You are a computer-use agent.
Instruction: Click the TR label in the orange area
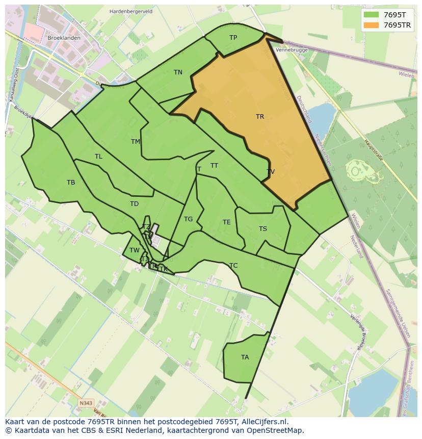(260, 117)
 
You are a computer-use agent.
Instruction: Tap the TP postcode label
(233, 38)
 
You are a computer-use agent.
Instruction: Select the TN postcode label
(178, 72)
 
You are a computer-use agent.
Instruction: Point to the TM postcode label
(136, 142)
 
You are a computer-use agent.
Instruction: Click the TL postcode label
(98, 157)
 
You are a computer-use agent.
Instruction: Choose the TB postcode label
(71, 183)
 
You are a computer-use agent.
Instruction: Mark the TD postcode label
(134, 204)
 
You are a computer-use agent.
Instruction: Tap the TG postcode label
(188, 219)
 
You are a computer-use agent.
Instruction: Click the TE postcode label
(226, 222)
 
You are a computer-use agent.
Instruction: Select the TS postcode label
(262, 229)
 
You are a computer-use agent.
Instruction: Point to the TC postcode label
(233, 266)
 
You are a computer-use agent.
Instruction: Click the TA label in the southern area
(245, 357)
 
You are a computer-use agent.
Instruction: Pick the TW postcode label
(134, 250)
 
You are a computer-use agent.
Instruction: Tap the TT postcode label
(214, 166)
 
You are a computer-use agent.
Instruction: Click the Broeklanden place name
(64, 38)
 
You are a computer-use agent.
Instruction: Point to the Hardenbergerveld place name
(130, 11)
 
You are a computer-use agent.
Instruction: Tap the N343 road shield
(86, 403)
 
